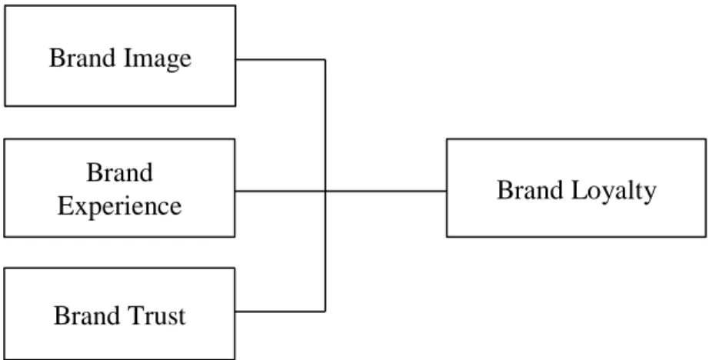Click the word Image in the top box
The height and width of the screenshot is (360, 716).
[157, 59]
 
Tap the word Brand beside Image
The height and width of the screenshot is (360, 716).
[82, 58]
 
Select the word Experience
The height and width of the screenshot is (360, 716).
[120, 207]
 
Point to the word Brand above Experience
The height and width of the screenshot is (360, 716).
[120, 172]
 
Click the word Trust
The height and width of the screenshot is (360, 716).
[157, 315]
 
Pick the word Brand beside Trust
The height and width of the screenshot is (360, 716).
[87, 315]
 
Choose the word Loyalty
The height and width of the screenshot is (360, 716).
[614, 191]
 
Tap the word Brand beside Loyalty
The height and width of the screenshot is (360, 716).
[530, 190]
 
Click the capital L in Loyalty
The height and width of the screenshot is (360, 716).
[578, 190]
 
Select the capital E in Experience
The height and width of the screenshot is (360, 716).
[65, 206]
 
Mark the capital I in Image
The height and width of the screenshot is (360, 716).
[128, 58]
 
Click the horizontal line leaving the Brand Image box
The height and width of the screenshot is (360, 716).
[281, 59]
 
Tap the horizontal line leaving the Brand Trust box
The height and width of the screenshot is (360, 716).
[280, 312]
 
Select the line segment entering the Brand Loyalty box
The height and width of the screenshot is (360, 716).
[386, 191]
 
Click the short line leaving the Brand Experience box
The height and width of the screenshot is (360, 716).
[280, 191]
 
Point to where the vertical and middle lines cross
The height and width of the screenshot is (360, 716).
[325, 191]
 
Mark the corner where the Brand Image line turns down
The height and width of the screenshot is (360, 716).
[325, 59]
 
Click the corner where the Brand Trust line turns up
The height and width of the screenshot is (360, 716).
[325, 312]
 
